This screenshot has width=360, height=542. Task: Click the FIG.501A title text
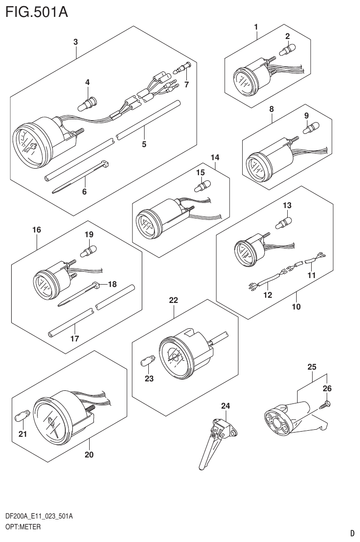click(x=36, y=11)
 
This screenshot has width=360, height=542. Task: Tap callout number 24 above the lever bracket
click(x=226, y=405)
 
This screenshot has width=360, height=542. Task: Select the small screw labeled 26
click(x=325, y=403)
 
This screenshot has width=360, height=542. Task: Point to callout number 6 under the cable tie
click(x=84, y=192)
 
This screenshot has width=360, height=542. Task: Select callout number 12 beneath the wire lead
click(x=268, y=295)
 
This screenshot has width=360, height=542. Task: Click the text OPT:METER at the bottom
click(x=23, y=527)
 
